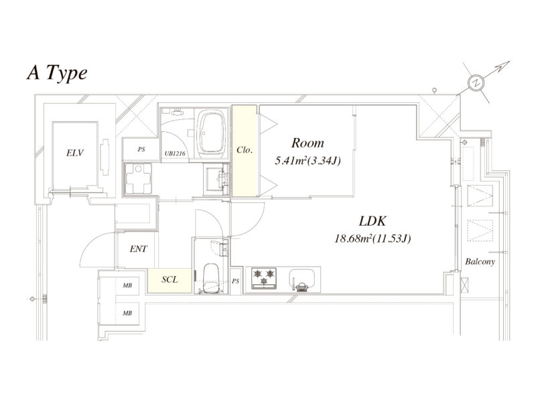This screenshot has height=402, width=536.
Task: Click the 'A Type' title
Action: (x=57, y=73)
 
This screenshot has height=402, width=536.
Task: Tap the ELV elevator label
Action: (x=75, y=153)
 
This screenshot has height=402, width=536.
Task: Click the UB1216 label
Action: (x=175, y=153)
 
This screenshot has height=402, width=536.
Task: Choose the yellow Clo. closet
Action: (x=245, y=151)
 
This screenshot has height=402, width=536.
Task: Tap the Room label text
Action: (x=308, y=143)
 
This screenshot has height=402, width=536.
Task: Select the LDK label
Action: (x=373, y=221)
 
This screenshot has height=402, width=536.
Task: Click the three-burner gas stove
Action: (x=263, y=278)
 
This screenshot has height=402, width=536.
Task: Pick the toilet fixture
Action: (x=210, y=278)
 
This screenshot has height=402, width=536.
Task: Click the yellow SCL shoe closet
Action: (x=170, y=280)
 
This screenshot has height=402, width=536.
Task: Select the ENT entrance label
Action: (x=138, y=249)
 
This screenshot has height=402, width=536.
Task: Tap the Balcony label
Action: (x=480, y=262)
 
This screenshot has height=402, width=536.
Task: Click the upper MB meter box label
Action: (x=127, y=285)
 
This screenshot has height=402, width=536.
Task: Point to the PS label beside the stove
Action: (x=235, y=281)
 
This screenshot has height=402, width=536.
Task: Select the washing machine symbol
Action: (x=138, y=178)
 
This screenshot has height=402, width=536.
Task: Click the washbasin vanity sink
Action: (x=216, y=179)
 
